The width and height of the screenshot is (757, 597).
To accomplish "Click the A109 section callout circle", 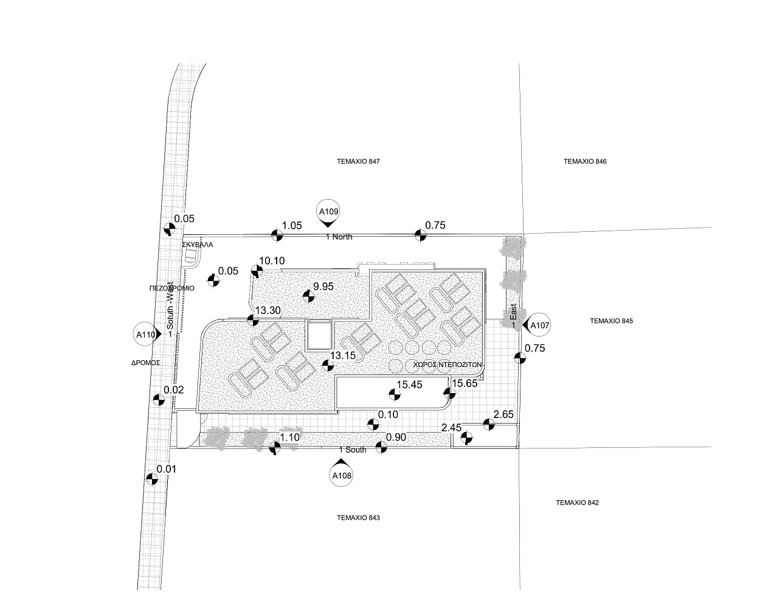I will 328,212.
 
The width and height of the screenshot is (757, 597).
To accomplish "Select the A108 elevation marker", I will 340,477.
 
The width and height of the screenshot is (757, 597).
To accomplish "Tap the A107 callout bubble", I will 540,326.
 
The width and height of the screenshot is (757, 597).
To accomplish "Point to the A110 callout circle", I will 145,334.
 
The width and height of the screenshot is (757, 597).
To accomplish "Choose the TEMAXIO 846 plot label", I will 585,162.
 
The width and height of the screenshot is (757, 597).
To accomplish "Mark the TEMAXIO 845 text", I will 611,321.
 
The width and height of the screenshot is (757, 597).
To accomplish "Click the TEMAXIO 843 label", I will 358,518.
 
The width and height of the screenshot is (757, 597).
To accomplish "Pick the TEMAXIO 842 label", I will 578,503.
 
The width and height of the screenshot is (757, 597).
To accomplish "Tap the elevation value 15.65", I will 465,383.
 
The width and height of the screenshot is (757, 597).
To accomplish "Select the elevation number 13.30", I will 268,310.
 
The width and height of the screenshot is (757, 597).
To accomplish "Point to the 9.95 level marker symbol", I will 308,296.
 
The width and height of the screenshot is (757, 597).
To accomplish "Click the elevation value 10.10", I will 271,261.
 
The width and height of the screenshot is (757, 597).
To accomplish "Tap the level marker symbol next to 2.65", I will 487,424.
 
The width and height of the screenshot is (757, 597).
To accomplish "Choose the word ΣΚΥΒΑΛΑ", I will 198,245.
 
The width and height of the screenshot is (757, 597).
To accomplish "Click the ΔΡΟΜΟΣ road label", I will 145,361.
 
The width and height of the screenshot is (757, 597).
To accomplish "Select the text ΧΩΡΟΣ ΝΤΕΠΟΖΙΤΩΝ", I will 447,364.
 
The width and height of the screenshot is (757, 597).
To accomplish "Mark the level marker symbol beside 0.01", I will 152,479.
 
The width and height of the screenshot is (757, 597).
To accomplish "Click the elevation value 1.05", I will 292,225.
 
